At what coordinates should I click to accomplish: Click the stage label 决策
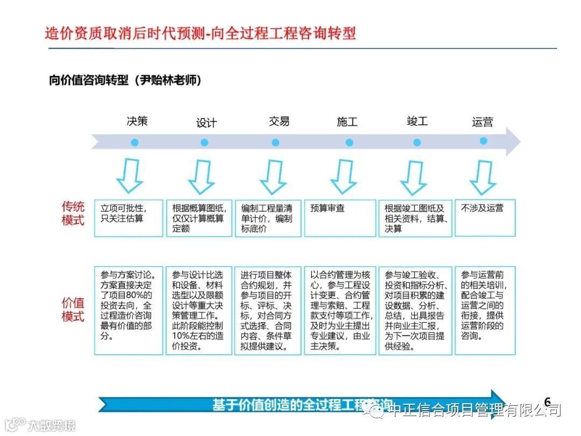click(137, 121)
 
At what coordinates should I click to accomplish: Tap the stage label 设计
click(206, 123)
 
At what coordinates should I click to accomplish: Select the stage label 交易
click(279, 121)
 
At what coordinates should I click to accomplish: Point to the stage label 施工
click(347, 122)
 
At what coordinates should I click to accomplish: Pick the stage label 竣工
click(417, 121)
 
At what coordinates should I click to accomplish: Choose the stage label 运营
click(482, 122)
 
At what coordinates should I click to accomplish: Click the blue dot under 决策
click(134, 143)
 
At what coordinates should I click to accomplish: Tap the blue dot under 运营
click(483, 141)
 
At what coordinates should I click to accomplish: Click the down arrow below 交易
click(273, 177)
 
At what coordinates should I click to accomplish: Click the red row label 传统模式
click(73, 213)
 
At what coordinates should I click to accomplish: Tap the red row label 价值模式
click(73, 310)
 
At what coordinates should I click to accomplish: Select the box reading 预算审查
click(340, 218)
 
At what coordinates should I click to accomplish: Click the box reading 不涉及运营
click(485, 217)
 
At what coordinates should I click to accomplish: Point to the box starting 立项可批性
click(129, 218)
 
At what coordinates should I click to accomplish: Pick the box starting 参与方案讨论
click(129, 310)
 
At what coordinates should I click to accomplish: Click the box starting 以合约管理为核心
click(340, 310)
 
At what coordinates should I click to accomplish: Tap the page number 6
click(548, 402)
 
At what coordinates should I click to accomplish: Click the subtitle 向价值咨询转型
click(125, 81)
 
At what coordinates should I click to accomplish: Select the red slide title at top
click(200, 33)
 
